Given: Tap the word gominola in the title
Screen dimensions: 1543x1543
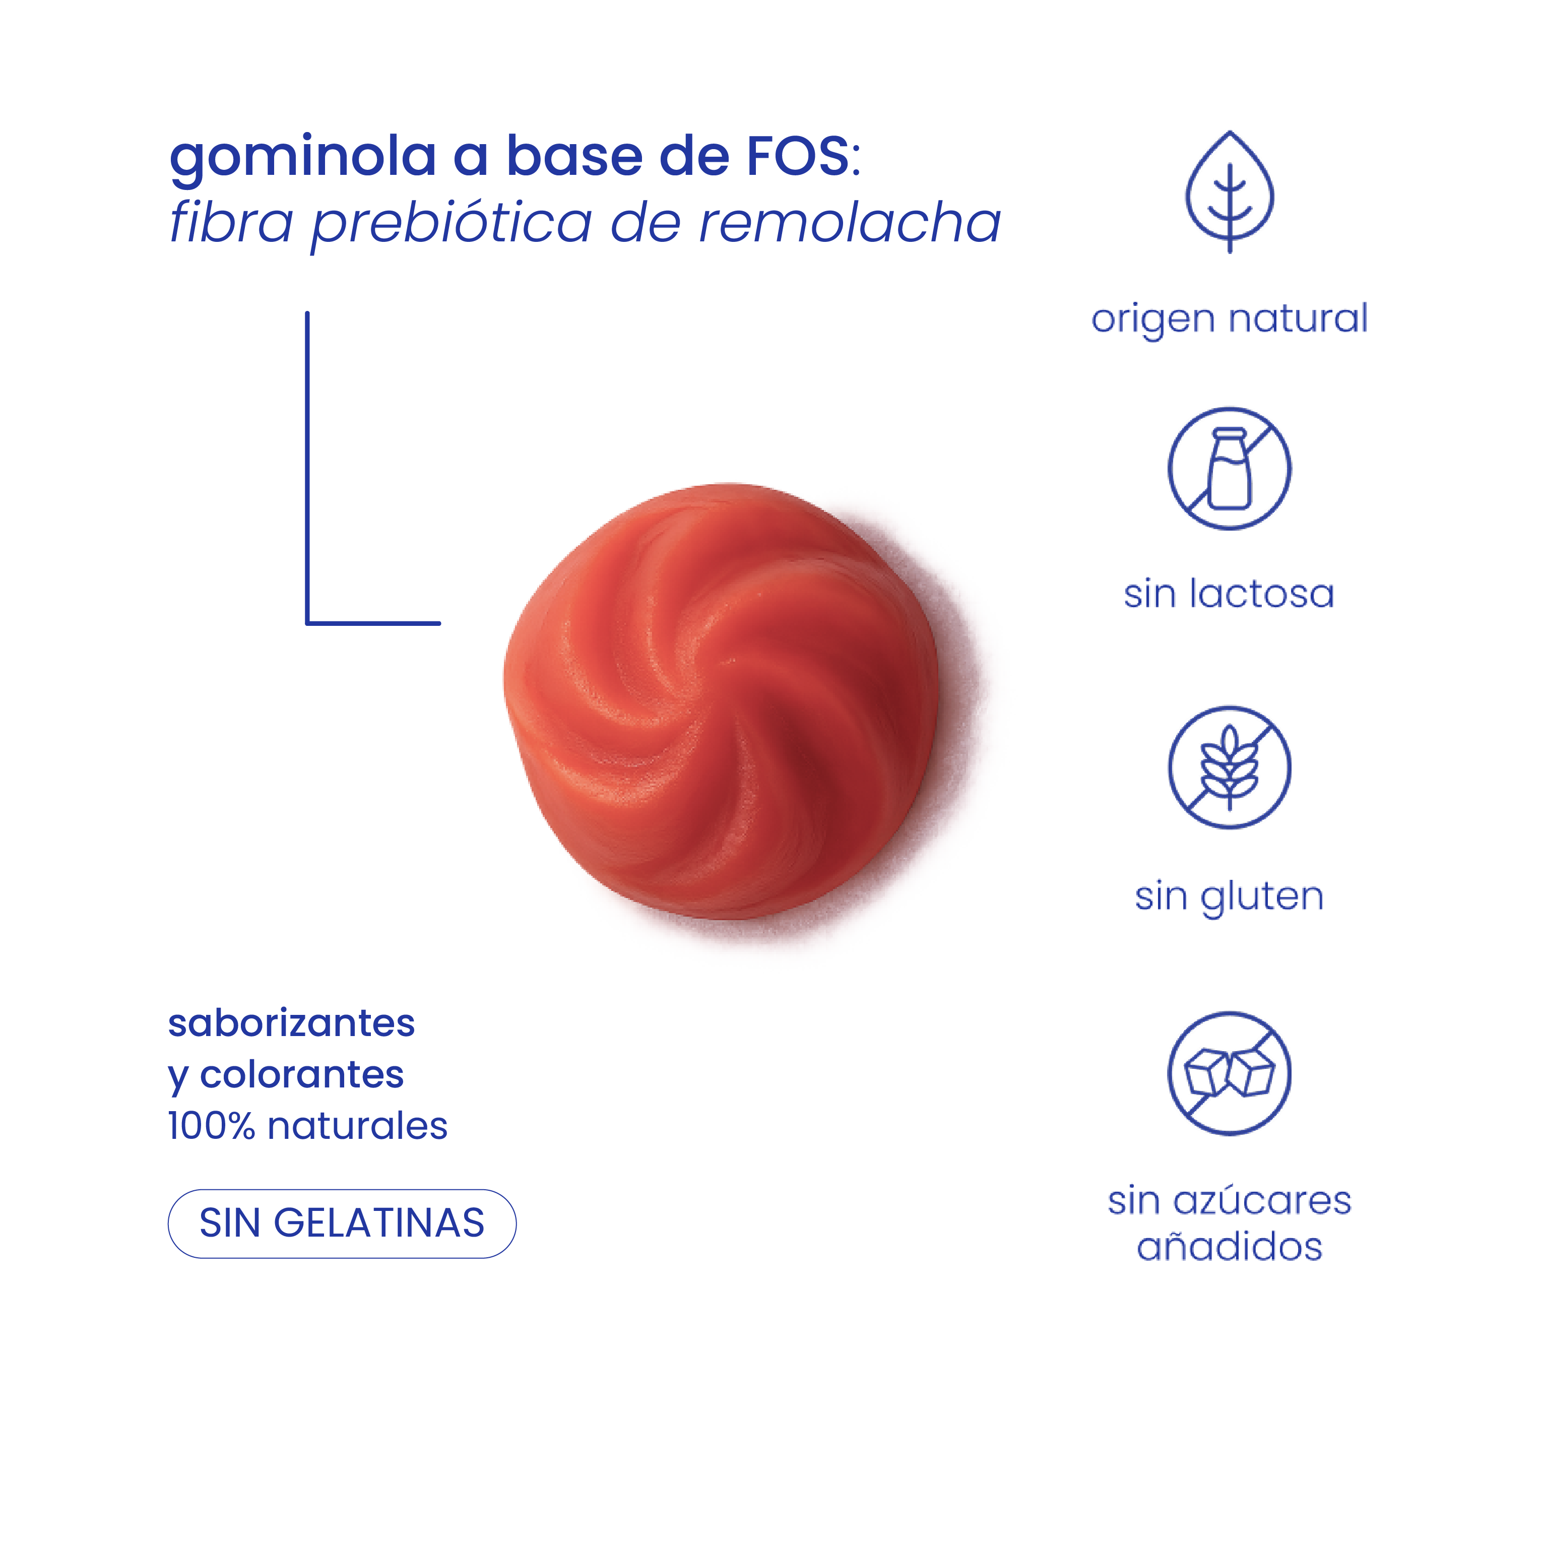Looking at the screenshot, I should (x=303, y=157).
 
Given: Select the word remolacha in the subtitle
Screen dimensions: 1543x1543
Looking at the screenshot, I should (x=849, y=222).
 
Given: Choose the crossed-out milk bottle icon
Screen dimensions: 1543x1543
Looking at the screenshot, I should (x=1229, y=468).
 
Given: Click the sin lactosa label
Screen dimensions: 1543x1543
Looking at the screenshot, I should (x=1229, y=594).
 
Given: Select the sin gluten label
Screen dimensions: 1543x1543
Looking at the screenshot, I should (x=1229, y=895).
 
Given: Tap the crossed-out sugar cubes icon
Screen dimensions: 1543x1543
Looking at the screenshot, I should (x=1229, y=1073).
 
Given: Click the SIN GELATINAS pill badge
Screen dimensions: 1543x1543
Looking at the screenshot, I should (x=342, y=1223).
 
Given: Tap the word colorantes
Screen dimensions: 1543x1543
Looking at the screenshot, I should (x=302, y=1074).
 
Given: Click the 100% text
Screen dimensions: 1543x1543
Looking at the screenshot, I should (x=211, y=1126).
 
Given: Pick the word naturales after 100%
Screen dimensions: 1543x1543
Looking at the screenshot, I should (x=357, y=1126).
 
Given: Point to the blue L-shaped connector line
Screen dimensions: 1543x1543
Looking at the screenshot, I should (x=307, y=479).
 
